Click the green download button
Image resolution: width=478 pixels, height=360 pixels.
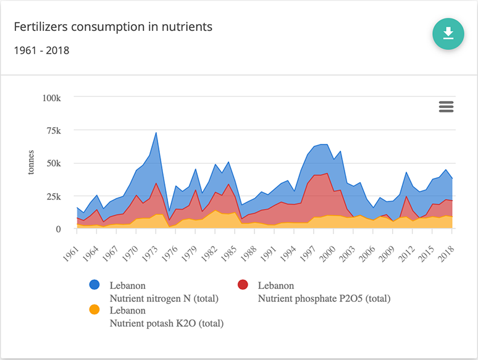pyautogui.click(x=448, y=33)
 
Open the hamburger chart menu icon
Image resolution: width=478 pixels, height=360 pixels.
pyautogui.click(x=446, y=107)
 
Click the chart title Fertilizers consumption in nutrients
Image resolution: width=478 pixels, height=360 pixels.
pyautogui.click(x=113, y=27)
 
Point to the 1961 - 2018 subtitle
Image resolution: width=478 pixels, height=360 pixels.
pyautogui.click(x=41, y=50)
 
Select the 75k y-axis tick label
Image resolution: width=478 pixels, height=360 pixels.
pyautogui.click(x=52, y=131)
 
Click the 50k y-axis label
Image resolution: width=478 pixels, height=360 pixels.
pyautogui.click(x=52, y=164)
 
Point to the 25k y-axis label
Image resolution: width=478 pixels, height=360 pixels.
pyautogui.click(x=52, y=196)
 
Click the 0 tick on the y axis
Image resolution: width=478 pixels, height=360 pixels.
pyautogui.click(x=58, y=229)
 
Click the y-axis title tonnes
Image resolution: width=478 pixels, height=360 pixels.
pyautogui.click(x=31, y=162)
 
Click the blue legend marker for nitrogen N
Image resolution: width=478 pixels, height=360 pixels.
pyautogui.click(x=94, y=285)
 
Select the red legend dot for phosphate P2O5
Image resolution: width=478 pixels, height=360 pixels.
pyautogui.click(x=243, y=285)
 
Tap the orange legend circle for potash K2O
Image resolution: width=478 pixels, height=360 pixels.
pyautogui.click(x=94, y=309)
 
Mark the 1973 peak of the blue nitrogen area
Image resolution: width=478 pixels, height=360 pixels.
pyautogui.click(x=156, y=133)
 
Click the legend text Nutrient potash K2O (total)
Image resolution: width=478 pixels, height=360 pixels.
pyautogui.click(x=166, y=323)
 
